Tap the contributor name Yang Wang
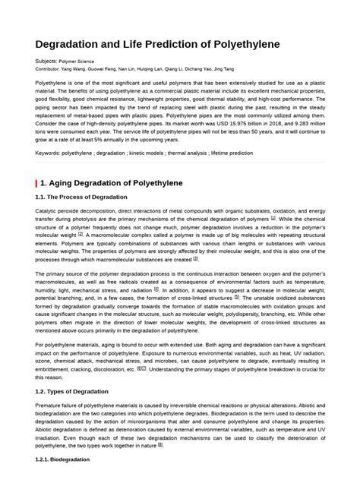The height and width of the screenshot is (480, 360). pos(83,68)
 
